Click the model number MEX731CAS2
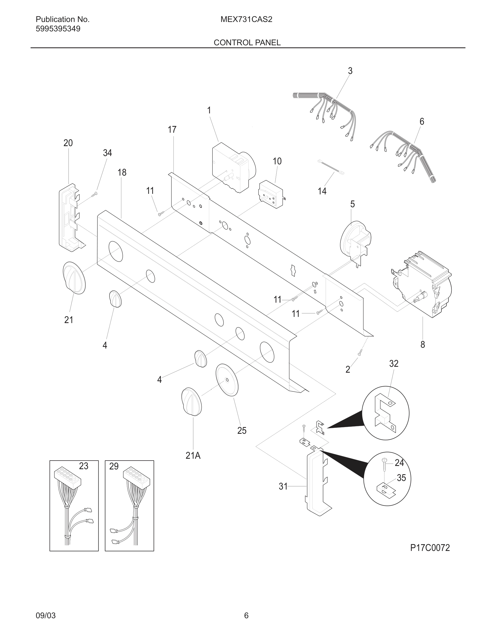(x=246, y=19)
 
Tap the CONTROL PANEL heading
(x=247, y=43)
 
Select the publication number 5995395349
(x=58, y=29)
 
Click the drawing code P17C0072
(x=430, y=548)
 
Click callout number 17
(x=172, y=129)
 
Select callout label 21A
(x=193, y=455)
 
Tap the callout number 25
(x=242, y=431)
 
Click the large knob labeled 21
(x=74, y=277)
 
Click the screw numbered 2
(x=360, y=352)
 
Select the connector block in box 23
(x=67, y=475)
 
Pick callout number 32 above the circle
(x=394, y=364)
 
